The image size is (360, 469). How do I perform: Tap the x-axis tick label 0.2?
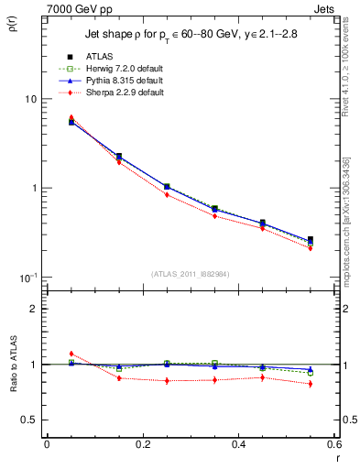tap(142, 444)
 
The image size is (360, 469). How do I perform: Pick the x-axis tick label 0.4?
tap(238, 444)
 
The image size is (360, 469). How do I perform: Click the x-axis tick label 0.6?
tap(333, 444)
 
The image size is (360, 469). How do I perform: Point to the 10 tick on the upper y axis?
tap(30, 99)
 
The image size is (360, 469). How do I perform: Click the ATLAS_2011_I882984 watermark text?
tap(191, 273)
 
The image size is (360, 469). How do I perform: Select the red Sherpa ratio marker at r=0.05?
tap(71, 354)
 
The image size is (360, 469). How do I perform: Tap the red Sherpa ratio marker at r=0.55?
tap(310, 384)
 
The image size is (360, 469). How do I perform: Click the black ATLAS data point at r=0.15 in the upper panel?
tap(118, 157)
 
